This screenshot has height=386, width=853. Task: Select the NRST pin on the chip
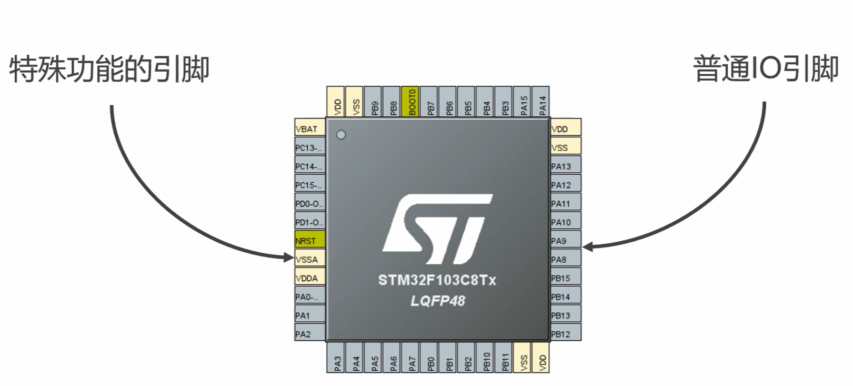[x=309, y=240]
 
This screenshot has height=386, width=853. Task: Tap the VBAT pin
[x=309, y=128]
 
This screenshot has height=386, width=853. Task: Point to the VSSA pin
[x=309, y=259]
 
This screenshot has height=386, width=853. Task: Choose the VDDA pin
[x=309, y=278]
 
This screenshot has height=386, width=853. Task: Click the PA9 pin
[x=566, y=241]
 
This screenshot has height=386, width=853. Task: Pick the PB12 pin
[x=566, y=334]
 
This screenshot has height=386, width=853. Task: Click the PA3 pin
[x=337, y=358]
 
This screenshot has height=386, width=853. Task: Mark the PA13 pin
[x=566, y=166]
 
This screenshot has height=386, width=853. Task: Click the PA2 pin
[x=309, y=334]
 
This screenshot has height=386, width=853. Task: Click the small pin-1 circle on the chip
[x=341, y=135]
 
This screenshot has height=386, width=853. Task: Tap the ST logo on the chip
[x=437, y=229]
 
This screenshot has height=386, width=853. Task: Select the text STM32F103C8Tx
[x=437, y=280]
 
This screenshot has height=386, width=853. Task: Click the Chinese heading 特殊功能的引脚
[x=109, y=69]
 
